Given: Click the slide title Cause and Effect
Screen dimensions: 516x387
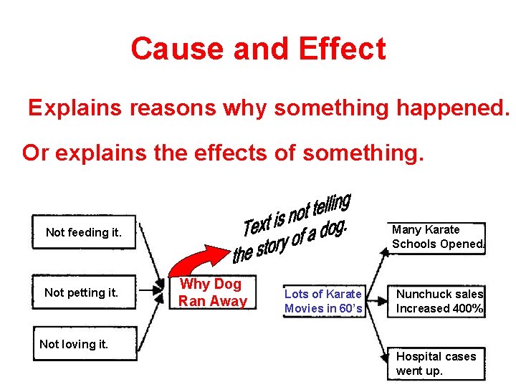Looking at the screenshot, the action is pyautogui.click(x=258, y=49).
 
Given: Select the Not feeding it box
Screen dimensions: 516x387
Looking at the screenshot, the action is pyautogui.click(x=84, y=232).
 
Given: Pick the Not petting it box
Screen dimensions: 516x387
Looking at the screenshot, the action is pyautogui.click(x=81, y=292).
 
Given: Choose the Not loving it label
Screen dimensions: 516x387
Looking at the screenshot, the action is pyautogui.click(x=74, y=344).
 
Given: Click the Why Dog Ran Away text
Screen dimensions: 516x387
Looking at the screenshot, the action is pyautogui.click(x=212, y=292).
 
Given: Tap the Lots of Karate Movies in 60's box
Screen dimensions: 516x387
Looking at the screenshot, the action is pyautogui.click(x=323, y=301).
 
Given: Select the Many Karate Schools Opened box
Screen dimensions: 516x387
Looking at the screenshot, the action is pyautogui.click(x=438, y=236).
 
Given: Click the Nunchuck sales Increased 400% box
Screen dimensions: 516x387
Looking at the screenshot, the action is pyautogui.click(x=439, y=301).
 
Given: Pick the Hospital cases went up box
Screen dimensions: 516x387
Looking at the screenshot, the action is pyautogui.click(x=436, y=363).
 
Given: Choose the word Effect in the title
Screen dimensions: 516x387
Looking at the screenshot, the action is pyautogui.click(x=342, y=49).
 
